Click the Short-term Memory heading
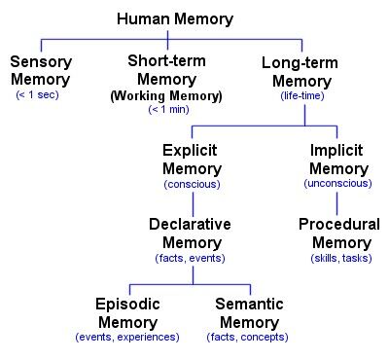pyautogui.click(x=166, y=69)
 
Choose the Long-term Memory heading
pyautogui.click(x=304, y=71)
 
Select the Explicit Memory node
pyautogui.click(x=192, y=159)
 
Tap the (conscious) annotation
pyautogui.click(x=192, y=183)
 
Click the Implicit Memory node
pyautogui.click(x=336, y=159)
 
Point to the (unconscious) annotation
pyautogui.click(x=336, y=183)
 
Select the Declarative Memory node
pyautogui.click(x=190, y=233)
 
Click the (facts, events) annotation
pyautogui.click(x=190, y=258)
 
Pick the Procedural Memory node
pyautogui.click(x=337, y=233)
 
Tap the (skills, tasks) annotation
pyautogui.click(x=337, y=258)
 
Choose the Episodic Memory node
pyautogui.click(x=126, y=311)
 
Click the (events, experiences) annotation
pyautogui.click(x=126, y=337)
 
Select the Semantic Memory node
pyautogui.click(x=249, y=311)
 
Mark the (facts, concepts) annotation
pyautogui.click(x=249, y=337)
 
